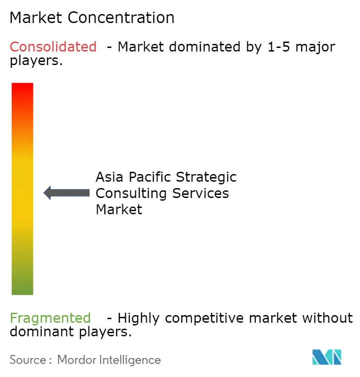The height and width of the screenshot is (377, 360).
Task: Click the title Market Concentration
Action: point(92,18)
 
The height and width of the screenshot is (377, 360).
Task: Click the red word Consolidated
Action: point(53,47)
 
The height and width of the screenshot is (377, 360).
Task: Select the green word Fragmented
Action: point(50,318)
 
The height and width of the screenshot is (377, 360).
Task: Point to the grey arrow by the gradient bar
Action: point(66,193)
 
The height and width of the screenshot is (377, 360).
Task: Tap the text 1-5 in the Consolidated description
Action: point(276,47)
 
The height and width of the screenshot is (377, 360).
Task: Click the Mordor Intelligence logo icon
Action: point(327,357)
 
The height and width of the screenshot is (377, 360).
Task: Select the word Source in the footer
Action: point(28,360)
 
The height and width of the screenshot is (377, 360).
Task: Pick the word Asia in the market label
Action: point(108,177)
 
